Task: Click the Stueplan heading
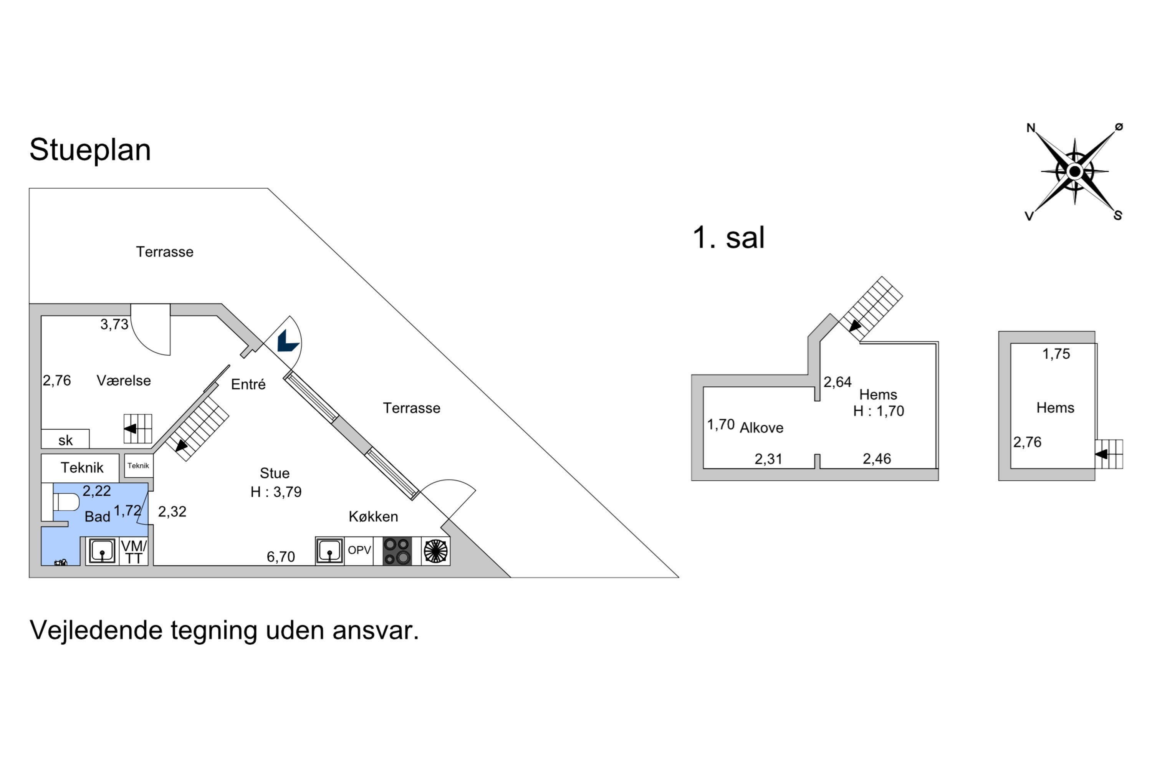coord(90,150)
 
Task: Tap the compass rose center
coord(1074,171)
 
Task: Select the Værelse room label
coord(123,381)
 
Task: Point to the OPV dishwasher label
coord(359,550)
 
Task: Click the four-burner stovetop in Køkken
coord(397,551)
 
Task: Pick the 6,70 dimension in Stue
coord(281,557)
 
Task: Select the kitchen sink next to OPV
coord(329,551)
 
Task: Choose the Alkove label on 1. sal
coord(761,428)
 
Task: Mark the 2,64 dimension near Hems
coord(837,382)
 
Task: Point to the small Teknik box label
coord(138,466)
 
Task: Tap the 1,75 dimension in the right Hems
coord(1056,354)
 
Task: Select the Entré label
coord(248,384)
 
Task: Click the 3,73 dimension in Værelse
coord(114,324)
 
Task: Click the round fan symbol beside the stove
coord(435,551)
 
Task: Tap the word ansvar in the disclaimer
coord(375,631)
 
